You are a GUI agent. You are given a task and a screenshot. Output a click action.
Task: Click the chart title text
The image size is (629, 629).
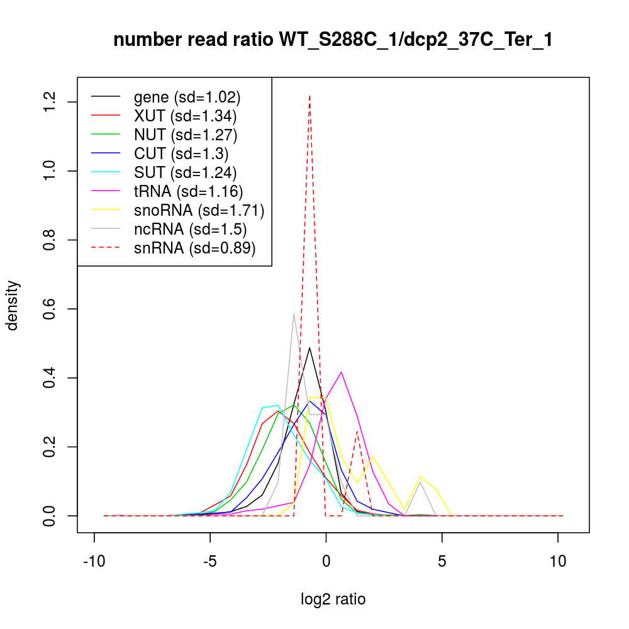(x=333, y=40)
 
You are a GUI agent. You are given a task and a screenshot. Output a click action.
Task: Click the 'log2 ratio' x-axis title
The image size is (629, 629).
(x=333, y=599)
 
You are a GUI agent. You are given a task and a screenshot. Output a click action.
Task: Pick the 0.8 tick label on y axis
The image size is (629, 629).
(x=50, y=240)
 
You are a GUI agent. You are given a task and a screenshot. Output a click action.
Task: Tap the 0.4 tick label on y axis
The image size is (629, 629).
(x=50, y=378)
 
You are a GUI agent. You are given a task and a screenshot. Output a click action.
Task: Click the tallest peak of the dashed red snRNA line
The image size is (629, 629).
(x=309, y=96)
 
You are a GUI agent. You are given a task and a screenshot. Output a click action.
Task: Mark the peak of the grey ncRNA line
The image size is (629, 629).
(x=294, y=313)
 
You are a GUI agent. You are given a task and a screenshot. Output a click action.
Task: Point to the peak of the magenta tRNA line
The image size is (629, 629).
(x=341, y=372)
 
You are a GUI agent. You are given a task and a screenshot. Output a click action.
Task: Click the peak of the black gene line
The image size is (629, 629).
(x=309, y=347)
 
